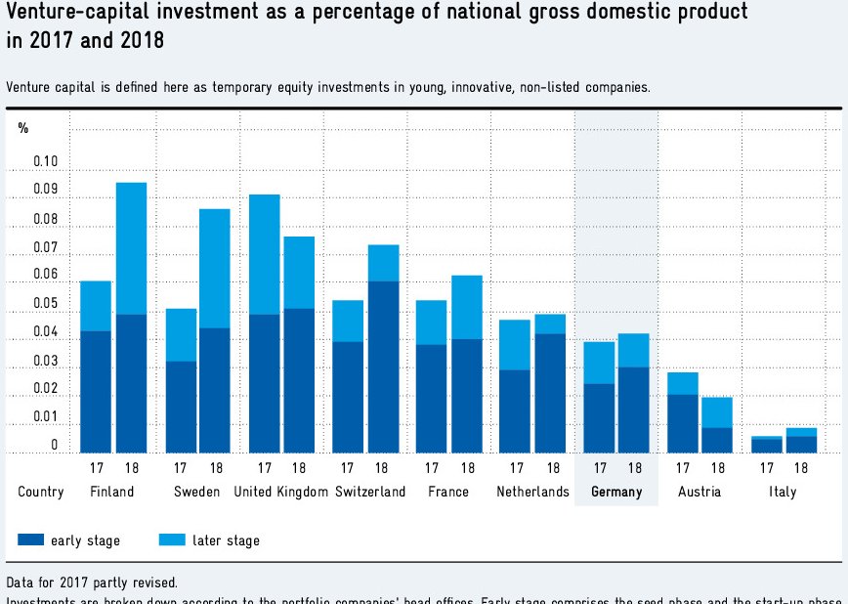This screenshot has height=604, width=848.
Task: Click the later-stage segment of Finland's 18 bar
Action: [x=131, y=248]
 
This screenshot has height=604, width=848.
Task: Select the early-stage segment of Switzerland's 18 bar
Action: [x=383, y=367]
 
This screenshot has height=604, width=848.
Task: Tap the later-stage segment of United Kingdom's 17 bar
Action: [x=264, y=254]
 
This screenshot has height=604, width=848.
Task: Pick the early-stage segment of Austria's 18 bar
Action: [x=716, y=440]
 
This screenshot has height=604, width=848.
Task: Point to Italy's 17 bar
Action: [x=767, y=445]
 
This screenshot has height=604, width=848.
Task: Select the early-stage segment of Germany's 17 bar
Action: [x=600, y=418]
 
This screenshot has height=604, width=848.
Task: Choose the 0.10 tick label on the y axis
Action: [x=45, y=162]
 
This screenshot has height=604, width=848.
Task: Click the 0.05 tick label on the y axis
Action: [x=45, y=304]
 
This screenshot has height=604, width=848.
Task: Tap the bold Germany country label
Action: [x=616, y=492]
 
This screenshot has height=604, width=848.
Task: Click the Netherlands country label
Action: [x=532, y=492]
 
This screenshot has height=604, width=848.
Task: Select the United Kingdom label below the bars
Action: [x=281, y=492]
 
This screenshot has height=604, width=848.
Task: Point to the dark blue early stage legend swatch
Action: [x=31, y=539]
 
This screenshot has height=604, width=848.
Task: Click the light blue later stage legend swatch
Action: [x=174, y=539]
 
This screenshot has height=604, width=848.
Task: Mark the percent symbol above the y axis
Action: [x=23, y=129]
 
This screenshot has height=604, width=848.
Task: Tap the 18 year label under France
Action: [x=468, y=467]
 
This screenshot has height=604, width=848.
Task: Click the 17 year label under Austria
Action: [x=683, y=467]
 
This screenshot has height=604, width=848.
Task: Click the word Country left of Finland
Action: [x=41, y=492]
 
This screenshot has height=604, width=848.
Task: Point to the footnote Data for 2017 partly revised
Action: [x=92, y=582]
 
